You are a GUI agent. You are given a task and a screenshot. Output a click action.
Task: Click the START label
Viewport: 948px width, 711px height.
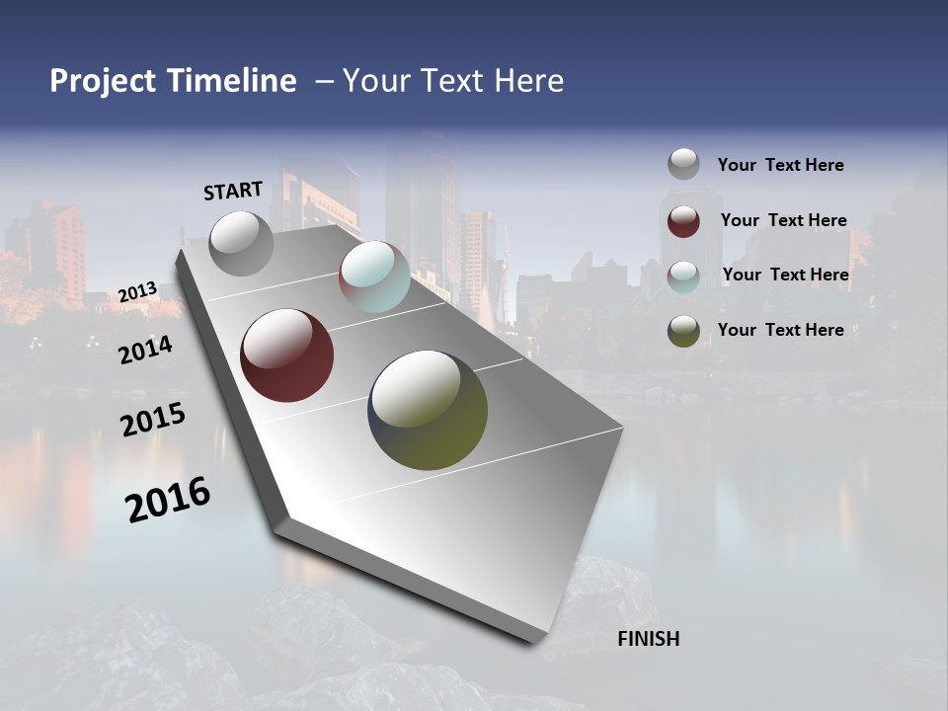coord(233,191)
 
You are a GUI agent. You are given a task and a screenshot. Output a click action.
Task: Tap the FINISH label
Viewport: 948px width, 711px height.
coord(649,639)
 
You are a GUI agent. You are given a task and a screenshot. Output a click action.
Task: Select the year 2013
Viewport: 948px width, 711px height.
coord(138,292)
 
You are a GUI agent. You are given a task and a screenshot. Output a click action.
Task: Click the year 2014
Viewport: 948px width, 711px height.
coord(146,350)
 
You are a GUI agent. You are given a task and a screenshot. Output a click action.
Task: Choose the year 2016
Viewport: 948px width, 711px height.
coord(168,500)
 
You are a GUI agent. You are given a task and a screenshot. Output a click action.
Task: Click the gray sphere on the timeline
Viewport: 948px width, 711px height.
coord(241,243)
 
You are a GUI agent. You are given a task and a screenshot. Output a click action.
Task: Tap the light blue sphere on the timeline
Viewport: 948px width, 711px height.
coord(374,276)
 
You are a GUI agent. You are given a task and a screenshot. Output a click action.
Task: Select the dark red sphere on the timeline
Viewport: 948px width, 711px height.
coord(286,355)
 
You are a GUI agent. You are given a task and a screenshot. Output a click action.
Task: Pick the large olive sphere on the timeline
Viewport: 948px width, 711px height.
coord(428,410)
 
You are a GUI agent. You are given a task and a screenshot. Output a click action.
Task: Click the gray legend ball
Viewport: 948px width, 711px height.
coord(683,164)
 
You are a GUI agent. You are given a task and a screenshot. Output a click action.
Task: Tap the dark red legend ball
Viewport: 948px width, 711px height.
coord(683,221)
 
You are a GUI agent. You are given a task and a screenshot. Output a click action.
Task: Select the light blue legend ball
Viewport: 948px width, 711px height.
coord(683,276)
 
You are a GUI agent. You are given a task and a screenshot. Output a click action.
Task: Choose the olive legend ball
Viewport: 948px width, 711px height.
coord(683,332)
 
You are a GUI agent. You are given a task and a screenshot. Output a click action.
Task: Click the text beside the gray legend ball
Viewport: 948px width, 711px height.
coord(780,165)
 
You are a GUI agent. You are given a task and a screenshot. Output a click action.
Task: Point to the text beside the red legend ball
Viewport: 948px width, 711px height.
coord(783,220)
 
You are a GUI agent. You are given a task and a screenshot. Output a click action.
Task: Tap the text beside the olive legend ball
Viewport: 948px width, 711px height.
coord(780,330)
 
